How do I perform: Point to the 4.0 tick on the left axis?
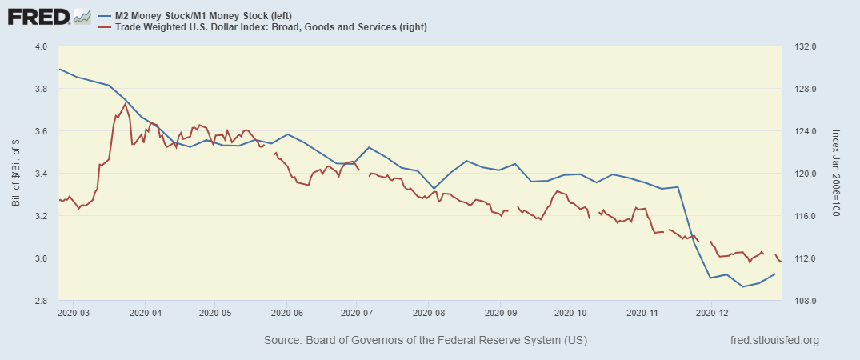pyautogui.click(x=39, y=46)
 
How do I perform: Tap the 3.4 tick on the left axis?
pyautogui.click(x=39, y=174)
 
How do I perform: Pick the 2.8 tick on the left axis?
pyautogui.click(x=39, y=301)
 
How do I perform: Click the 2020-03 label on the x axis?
pyautogui.click(x=73, y=312)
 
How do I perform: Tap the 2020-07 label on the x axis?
pyautogui.click(x=358, y=312)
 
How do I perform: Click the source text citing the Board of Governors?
pyautogui.click(x=425, y=341)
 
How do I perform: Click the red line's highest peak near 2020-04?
pyautogui.click(x=125, y=104)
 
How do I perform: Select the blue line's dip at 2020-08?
pyautogui.click(x=433, y=189)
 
